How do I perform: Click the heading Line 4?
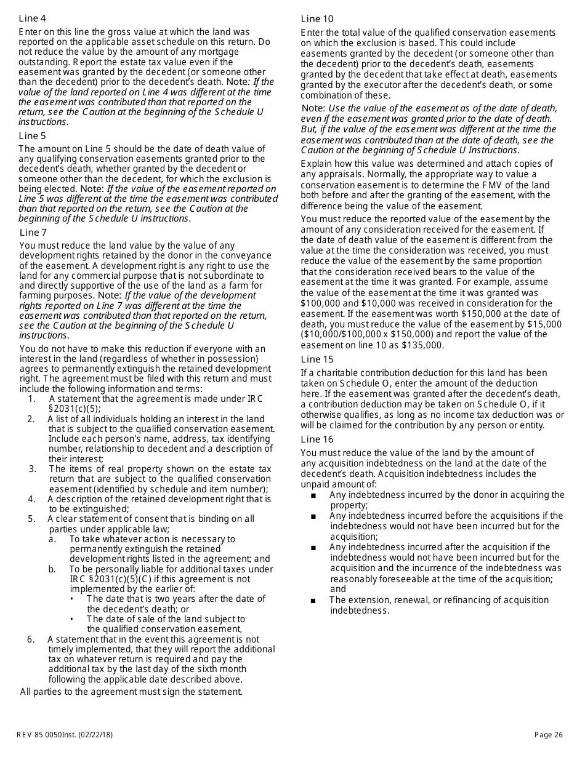click(x=32, y=18)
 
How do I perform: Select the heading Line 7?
click(x=33, y=232)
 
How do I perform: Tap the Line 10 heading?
click(x=317, y=19)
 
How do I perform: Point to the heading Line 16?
click(x=317, y=439)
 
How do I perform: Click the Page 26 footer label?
click(x=549, y=734)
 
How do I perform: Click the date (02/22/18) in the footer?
click(x=95, y=734)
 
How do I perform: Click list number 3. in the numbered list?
click(x=33, y=469)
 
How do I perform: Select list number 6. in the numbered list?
click(x=31, y=639)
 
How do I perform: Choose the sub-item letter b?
click(x=52, y=569)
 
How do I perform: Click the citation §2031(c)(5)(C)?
click(x=109, y=579)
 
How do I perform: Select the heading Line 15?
click(x=317, y=359)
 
